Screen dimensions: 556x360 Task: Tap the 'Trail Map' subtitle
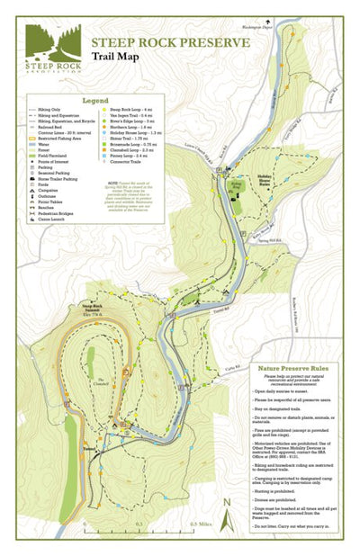[118, 57]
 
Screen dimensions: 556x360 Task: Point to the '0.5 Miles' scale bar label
[198, 523]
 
